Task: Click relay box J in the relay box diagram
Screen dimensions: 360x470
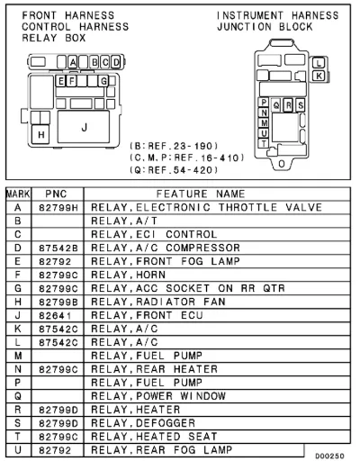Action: (84, 127)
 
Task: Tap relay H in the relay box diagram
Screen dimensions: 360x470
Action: (40, 134)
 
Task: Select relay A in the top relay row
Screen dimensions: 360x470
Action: (73, 62)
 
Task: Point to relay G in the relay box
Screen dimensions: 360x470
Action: (103, 81)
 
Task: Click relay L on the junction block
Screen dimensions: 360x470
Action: (319, 63)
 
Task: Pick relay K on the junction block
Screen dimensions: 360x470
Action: (319, 76)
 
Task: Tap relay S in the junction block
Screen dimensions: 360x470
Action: (300, 105)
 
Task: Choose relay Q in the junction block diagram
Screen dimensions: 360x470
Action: (276, 105)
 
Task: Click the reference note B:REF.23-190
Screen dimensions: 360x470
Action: (174, 146)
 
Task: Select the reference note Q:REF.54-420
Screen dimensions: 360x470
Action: (174, 170)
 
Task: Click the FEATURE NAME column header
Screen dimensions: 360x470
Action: (201, 194)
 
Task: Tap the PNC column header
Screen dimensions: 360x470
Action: (56, 194)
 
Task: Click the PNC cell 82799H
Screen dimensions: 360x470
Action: (58, 208)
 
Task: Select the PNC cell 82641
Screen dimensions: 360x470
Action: (55, 316)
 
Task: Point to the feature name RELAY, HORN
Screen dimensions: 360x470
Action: (128, 275)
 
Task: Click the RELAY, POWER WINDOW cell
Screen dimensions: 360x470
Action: (158, 396)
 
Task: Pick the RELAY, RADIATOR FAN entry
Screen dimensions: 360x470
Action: (158, 302)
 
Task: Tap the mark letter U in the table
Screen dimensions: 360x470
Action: (18, 450)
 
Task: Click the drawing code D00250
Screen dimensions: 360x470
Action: (329, 456)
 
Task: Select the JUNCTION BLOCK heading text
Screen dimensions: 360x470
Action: (265, 27)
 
